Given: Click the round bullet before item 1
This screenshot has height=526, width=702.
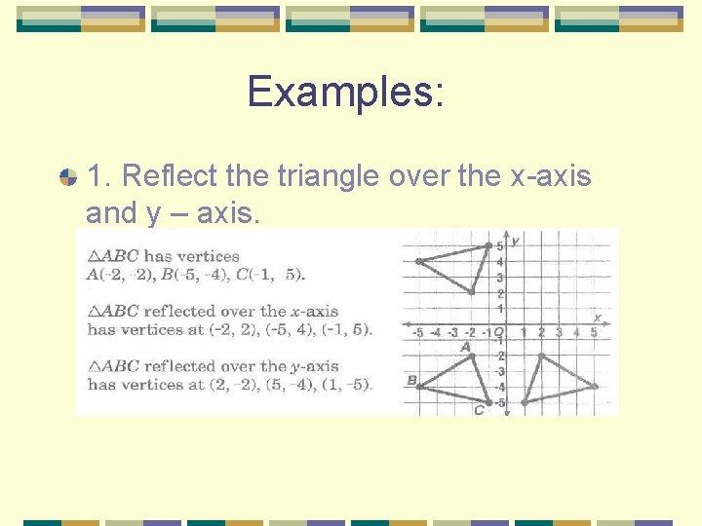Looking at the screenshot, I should (x=68, y=177).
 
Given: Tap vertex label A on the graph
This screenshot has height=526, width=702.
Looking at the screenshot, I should (x=465, y=346).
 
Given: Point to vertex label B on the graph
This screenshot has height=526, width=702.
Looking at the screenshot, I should (x=411, y=380).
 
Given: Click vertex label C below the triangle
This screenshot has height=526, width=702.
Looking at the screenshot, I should (x=479, y=410).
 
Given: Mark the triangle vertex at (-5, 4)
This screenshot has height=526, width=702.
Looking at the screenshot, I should (x=418, y=261).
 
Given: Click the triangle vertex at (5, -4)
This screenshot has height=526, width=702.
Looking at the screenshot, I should (x=595, y=387).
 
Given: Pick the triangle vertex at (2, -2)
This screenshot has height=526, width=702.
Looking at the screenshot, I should (x=542, y=356).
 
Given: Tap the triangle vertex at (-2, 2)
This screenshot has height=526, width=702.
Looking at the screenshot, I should (x=472, y=291).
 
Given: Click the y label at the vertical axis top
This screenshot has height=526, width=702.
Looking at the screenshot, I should (x=514, y=240).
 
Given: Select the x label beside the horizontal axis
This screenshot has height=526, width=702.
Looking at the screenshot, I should (x=597, y=317).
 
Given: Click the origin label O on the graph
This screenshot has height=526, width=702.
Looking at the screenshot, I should (x=498, y=333).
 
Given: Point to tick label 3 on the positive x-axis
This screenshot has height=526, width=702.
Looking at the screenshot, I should (x=559, y=333).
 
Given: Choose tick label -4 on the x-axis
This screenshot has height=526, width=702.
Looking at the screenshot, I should (x=435, y=333).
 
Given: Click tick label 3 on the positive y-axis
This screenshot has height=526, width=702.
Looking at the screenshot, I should (x=499, y=278).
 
